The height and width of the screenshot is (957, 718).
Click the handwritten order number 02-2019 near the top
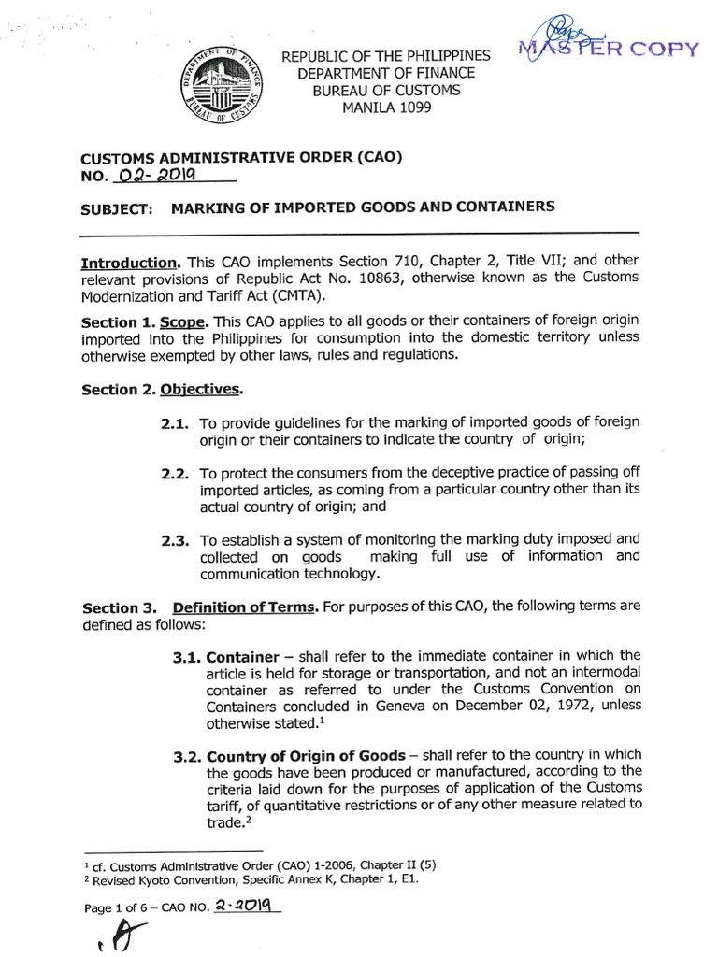coord(155,175)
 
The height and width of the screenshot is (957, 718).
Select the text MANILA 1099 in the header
coord(386,107)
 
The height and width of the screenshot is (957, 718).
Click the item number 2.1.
coord(176,423)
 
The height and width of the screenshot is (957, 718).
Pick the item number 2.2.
coord(176,474)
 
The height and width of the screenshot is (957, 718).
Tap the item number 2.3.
coord(176,540)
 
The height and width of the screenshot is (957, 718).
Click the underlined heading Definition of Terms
coord(246,607)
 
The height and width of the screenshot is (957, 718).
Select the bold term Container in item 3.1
coord(242,656)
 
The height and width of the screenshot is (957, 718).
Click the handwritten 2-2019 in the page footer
coord(246,906)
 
